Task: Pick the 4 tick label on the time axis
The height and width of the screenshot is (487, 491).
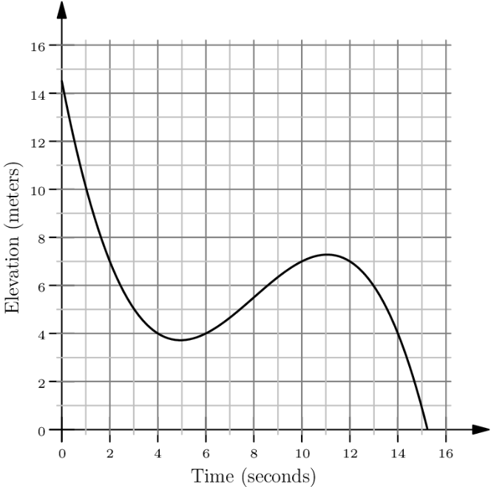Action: pyautogui.click(x=158, y=452)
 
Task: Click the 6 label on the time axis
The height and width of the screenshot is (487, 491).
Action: pyautogui.click(x=206, y=452)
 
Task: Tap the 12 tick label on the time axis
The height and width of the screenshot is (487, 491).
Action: pyautogui.click(x=350, y=452)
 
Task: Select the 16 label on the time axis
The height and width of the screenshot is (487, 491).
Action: pyautogui.click(x=446, y=452)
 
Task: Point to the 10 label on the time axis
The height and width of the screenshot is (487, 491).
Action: pyautogui.click(x=302, y=452)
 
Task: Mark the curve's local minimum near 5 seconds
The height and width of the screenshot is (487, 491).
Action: pyautogui.click(x=180, y=340)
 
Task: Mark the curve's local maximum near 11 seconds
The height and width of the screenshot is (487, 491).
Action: pyautogui.click(x=326, y=254)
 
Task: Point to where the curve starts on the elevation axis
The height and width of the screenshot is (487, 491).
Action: pyautogui.click(x=61, y=81)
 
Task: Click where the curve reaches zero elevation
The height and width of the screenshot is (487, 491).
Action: pyautogui.click(x=427, y=429)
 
